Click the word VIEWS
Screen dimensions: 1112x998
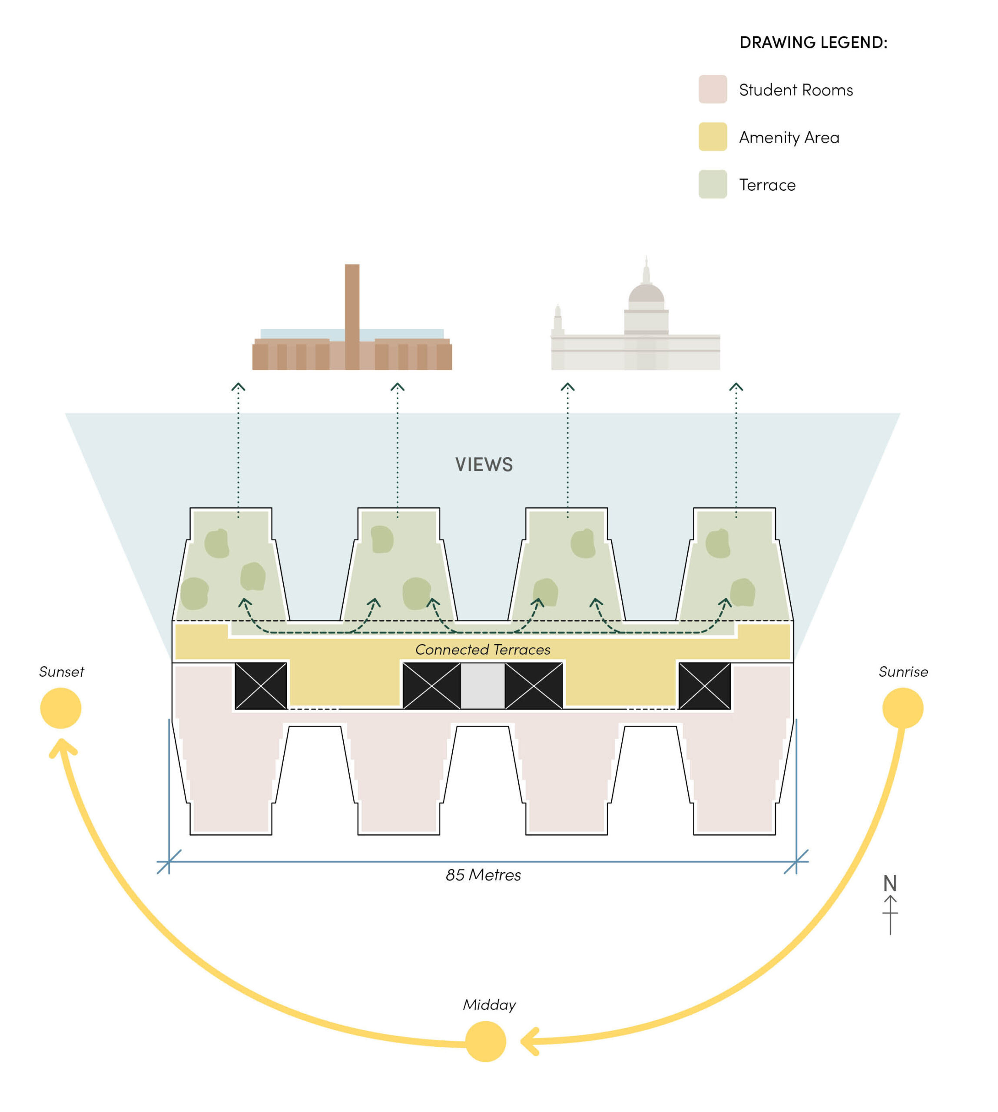tap(484, 464)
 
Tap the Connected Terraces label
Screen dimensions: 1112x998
tap(483, 649)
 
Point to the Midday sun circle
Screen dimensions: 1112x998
tap(485, 1041)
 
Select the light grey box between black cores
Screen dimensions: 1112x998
tap(483, 686)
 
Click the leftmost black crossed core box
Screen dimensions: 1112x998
tap(261, 686)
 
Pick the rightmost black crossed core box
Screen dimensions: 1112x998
tap(705, 686)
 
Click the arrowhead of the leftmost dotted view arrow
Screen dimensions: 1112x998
tap(238, 387)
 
